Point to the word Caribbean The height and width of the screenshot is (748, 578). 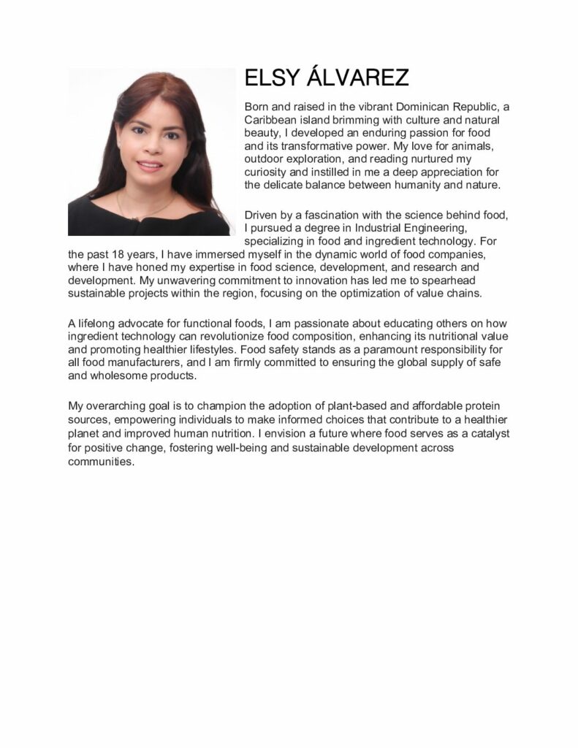click(270, 120)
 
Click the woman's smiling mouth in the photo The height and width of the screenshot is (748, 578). click(151, 166)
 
